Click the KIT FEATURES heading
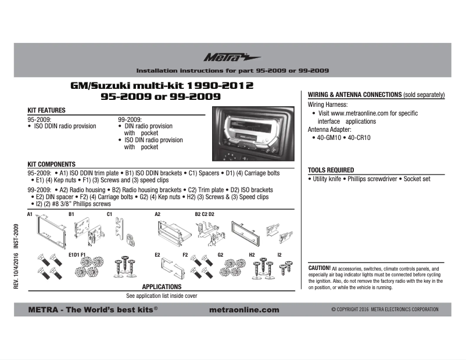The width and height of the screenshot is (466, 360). [46, 110]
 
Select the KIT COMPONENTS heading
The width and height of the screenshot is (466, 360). [52, 164]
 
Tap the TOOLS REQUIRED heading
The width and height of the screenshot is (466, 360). [331, 170]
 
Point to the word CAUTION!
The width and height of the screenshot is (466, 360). [319, 267]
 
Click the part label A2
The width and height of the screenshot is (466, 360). [157, 214]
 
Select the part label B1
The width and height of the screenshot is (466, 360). [72, 214]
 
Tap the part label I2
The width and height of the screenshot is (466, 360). [279, 254]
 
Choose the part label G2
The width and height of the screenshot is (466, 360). [220, 254]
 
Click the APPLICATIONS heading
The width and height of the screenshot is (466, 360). [162, 287]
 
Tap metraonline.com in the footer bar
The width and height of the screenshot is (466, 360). [243, 309]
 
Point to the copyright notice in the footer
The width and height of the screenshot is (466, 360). [385, 309]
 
